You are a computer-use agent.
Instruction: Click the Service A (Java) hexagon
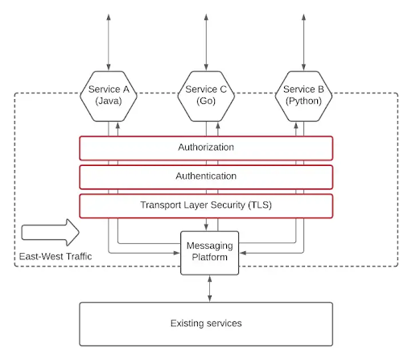[x=109, y=96]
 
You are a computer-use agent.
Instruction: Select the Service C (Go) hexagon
[x=206, y=96]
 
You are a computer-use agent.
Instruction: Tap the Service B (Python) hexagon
[x=303, y=96]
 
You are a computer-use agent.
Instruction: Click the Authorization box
[x=206, y=148]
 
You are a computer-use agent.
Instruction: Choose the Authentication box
[x=206, y=177]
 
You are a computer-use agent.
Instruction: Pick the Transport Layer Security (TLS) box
[x=206, y=206]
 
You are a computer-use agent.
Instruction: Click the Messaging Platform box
[x=210, y=253]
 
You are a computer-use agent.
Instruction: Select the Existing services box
[x=206, y=324]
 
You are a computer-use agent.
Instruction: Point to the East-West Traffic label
[x=56, y=256]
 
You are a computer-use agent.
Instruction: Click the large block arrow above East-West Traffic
[x=50, y=232]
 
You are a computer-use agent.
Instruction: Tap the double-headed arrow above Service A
[x=109, y=42]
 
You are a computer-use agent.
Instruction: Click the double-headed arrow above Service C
[x=206, y=42]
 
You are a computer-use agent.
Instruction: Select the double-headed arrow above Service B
[x=303, y=42]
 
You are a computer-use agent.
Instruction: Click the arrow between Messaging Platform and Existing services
[x=210, y=288]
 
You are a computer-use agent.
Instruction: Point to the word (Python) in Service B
[x=303, y=101]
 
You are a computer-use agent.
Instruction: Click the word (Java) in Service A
[x=109, y=101]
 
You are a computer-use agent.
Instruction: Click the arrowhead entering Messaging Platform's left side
[x=177, y=253]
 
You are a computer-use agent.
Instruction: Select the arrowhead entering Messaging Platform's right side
[x=243, y=253]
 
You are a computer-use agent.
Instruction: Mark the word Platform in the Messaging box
[x=210, y=257]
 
